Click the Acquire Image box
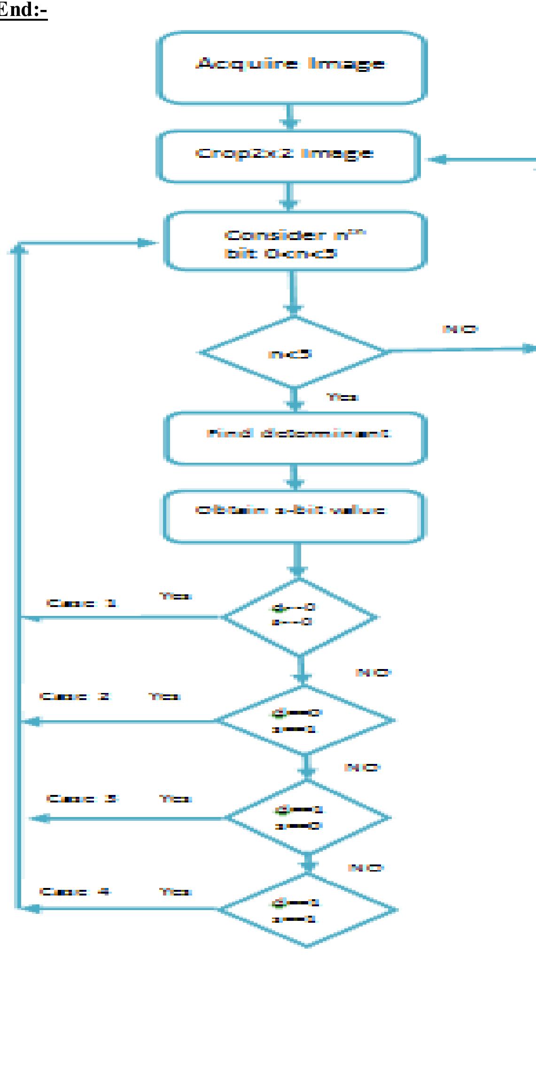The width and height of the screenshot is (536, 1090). tap(291, 67)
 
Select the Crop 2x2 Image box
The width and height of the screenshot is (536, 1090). tap(287, 156)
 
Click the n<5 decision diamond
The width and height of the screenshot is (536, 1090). tap(293, 353)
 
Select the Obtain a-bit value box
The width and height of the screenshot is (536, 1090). tap(293, 516)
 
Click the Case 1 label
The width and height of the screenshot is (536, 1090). tap(81, 603)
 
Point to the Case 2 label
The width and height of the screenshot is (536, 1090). tap(74, 696)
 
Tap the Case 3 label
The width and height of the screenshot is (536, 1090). tap(82, 798)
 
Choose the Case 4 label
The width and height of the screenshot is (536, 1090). tap(75, 891)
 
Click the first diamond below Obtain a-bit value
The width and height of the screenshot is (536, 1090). tap(299, 617)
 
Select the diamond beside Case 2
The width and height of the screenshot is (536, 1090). tap(304, 720)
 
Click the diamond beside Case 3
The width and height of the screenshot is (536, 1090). tap(308, 818)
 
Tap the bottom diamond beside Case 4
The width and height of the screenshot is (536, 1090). tap(308, 910)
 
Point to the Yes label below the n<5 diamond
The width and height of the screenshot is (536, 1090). tap(342, 397)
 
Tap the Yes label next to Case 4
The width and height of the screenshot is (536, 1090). tap(175, 891)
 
